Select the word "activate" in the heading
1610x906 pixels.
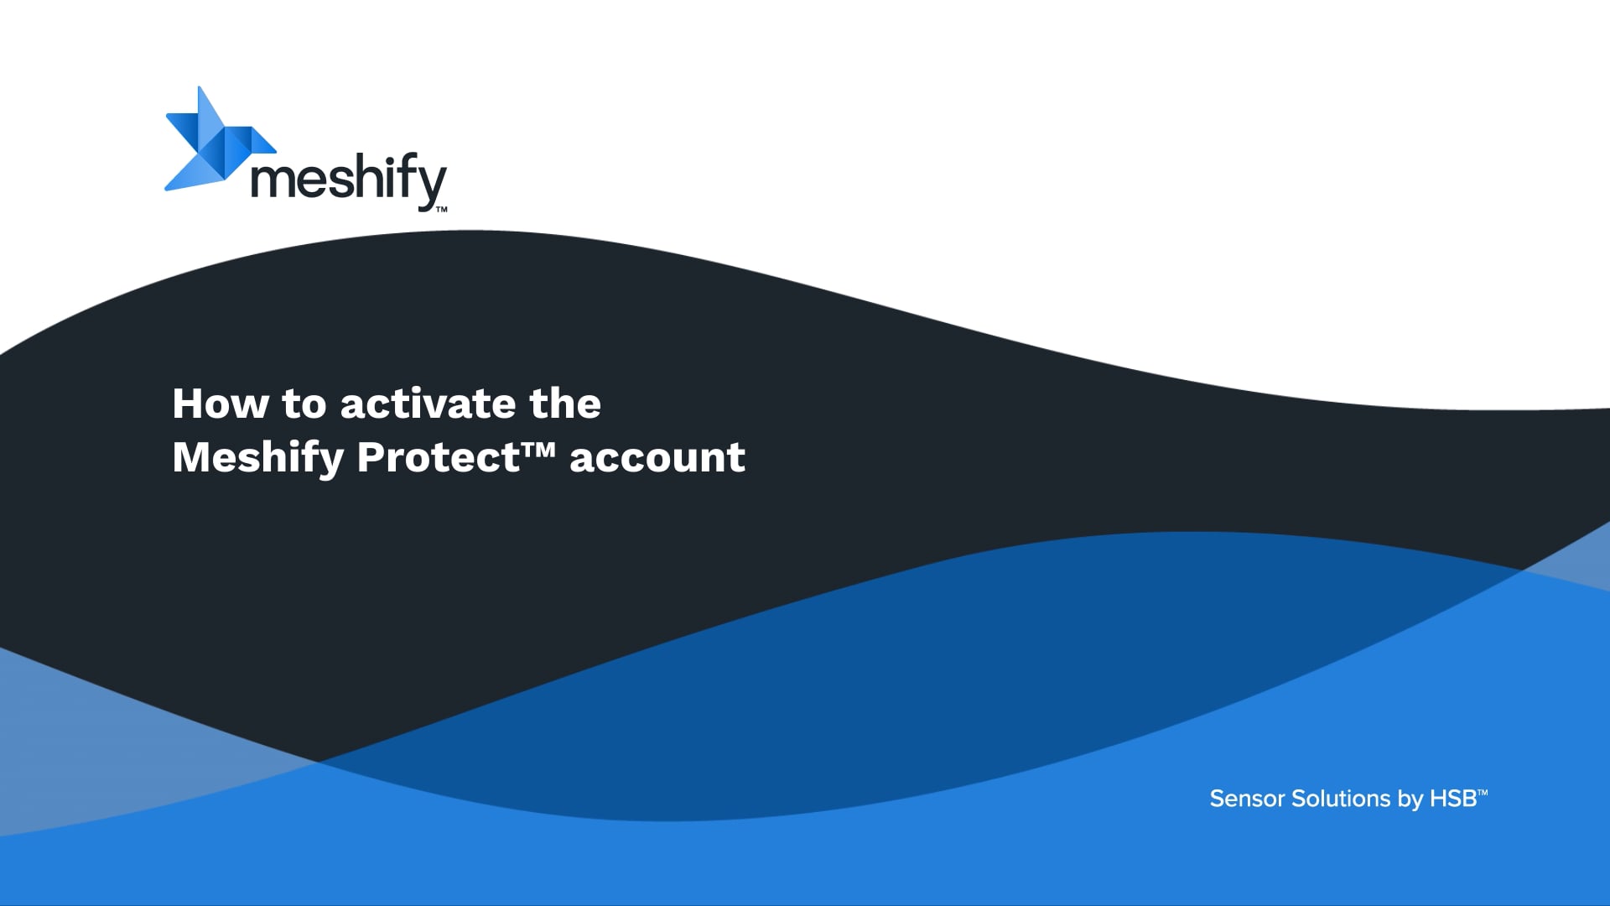coord(428,404)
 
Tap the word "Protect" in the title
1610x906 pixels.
coord(438,457)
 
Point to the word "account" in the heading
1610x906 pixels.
coord(657,457)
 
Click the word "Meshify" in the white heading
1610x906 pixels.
coord(258,459)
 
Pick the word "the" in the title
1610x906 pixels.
coord(565,404)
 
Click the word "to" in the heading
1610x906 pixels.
coord(304,404)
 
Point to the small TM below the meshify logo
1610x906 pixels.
coord(441,210)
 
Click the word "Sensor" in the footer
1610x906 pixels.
coord(1247,799)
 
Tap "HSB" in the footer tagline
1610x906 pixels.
coord(1453,799)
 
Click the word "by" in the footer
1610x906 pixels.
coord(1410,800)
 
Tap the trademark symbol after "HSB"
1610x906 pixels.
coord(1483,791)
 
